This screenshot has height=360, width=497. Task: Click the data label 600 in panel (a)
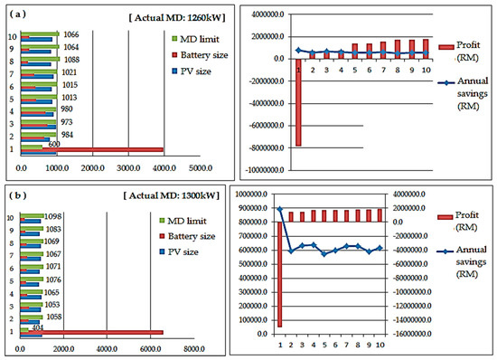point(53,143)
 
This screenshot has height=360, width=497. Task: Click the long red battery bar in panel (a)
point(90,150)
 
